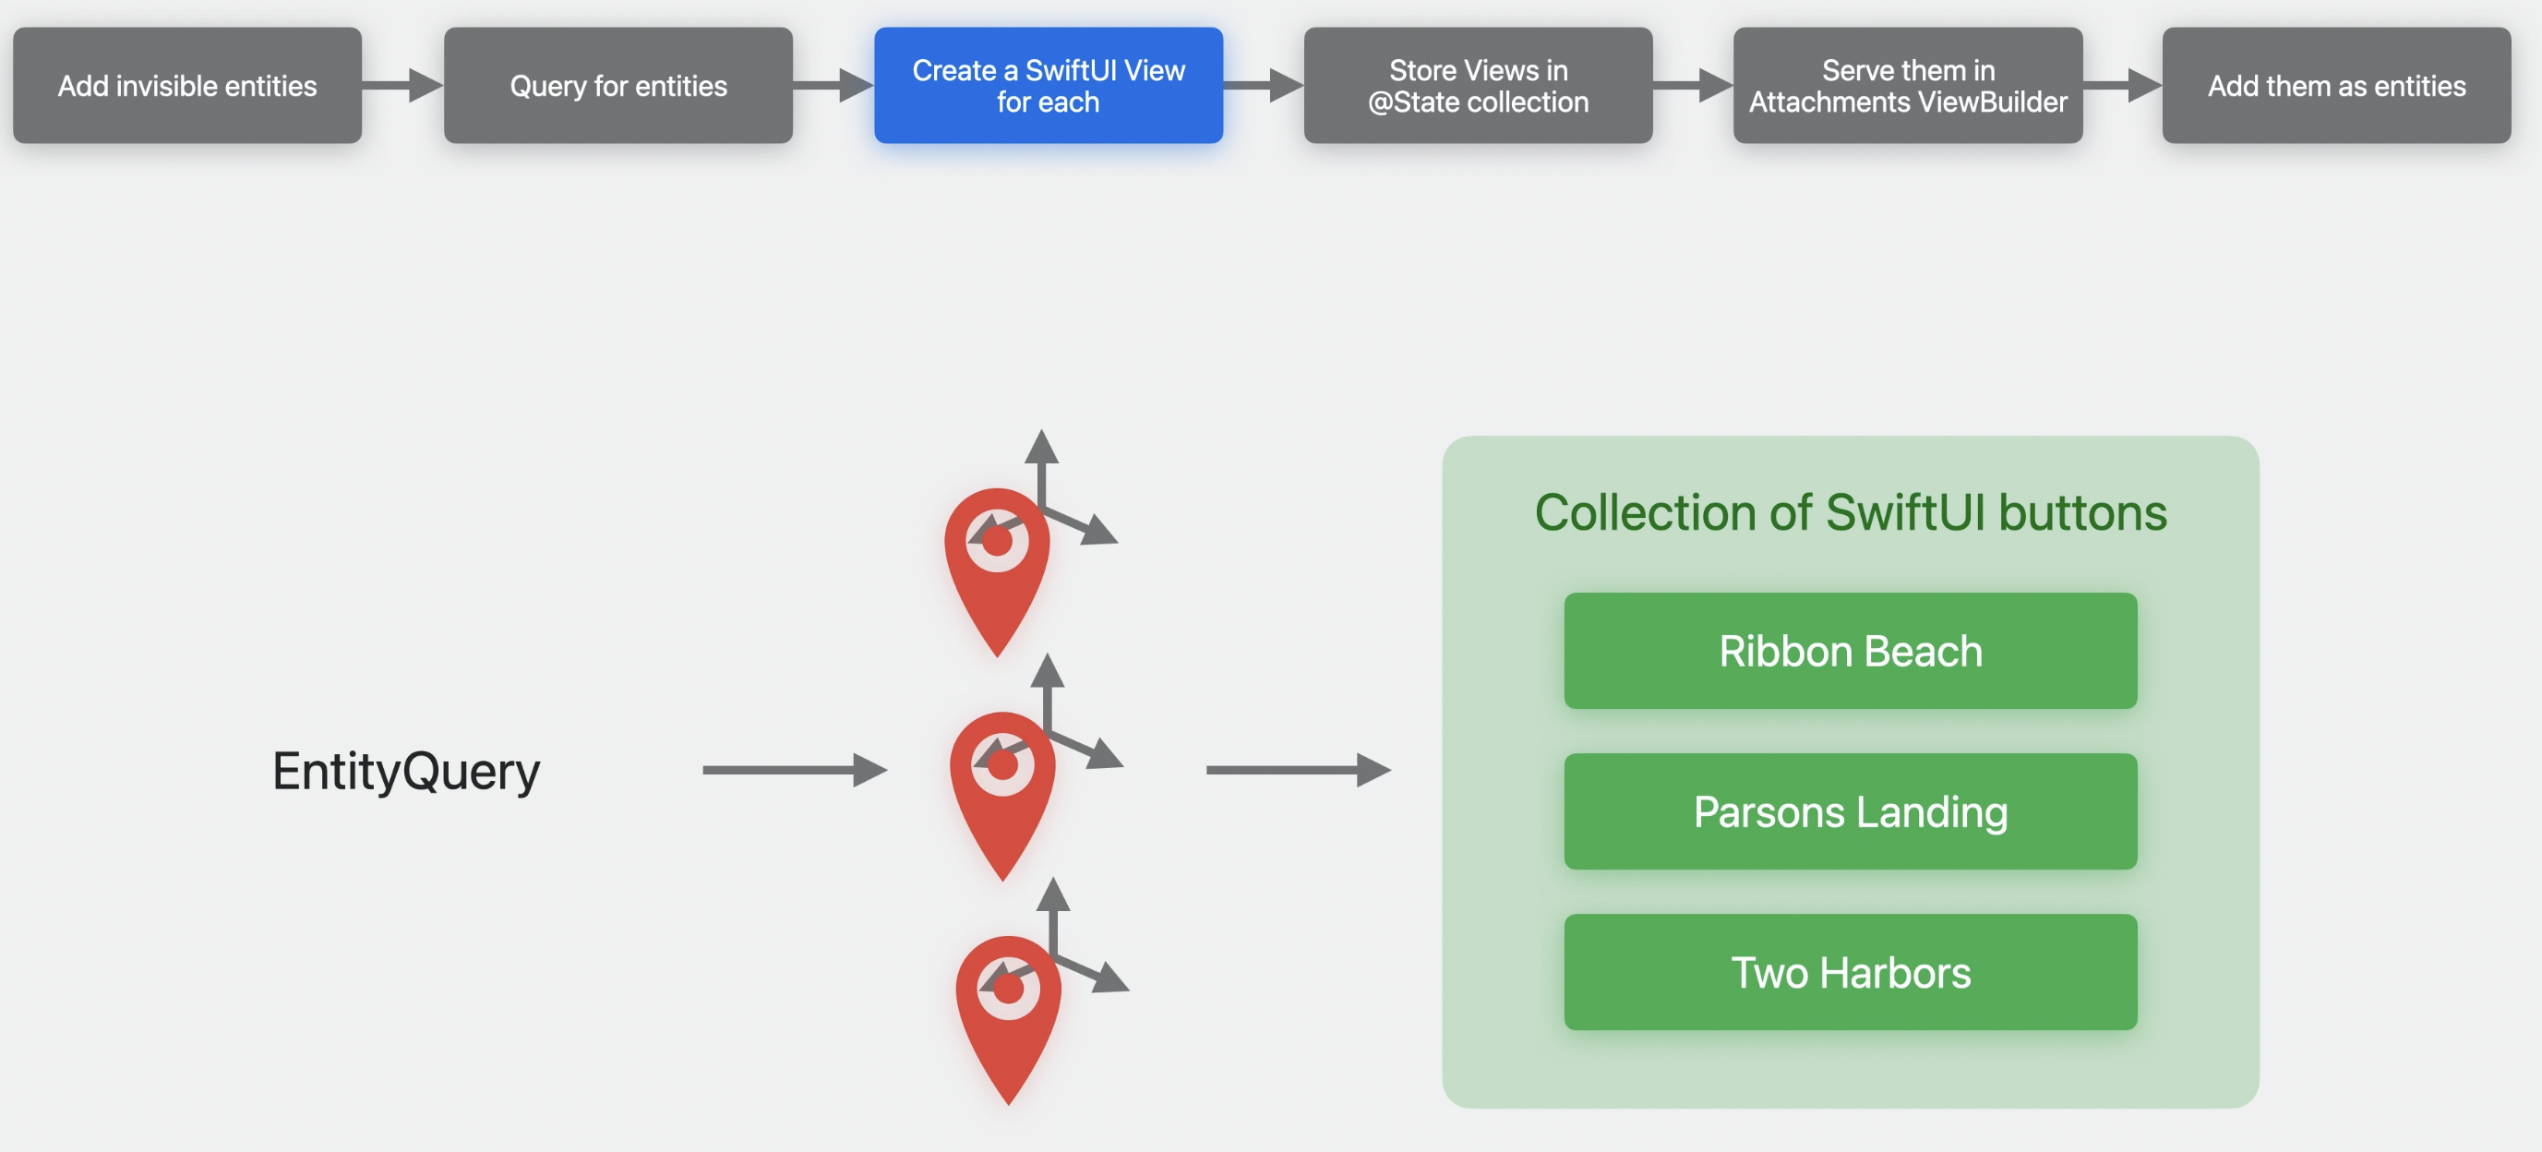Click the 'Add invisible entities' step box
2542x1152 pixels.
point(186,86)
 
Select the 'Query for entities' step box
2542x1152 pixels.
point(618,86)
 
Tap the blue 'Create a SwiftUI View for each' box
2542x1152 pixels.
point(1048,86)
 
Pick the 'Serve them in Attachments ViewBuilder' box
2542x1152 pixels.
point(1907,86)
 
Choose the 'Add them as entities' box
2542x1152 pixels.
point(2336,86)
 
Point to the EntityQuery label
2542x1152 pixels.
point(405,771)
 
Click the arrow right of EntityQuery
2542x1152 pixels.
point(794,770)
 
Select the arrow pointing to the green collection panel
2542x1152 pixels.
point(1297,770)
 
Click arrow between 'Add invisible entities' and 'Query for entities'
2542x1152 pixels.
point(402,86)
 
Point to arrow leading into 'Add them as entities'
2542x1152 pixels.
point(2122,86)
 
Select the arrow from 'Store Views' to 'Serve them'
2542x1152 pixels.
point(1693,86)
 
